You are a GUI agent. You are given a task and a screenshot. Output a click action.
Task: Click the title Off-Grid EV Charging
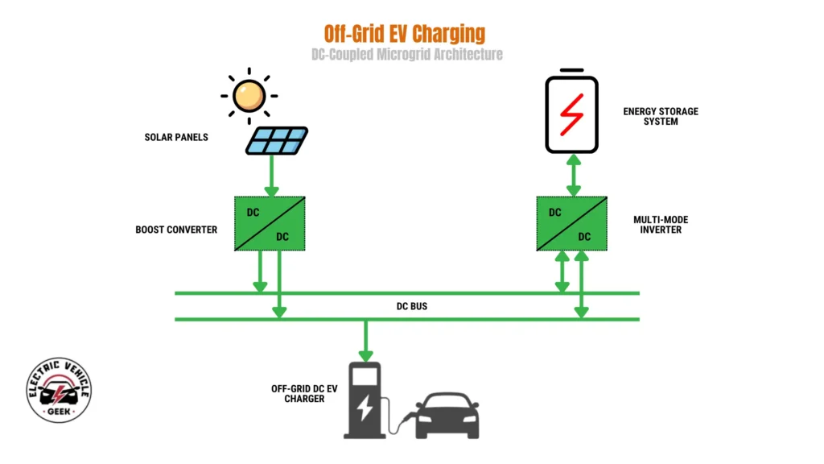click(405, 33)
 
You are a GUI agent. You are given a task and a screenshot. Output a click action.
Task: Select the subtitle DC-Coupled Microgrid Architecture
click(407, 55)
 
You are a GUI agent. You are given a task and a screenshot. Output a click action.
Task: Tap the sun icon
click(248, 96)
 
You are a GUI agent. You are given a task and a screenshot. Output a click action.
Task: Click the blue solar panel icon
click(276, 140)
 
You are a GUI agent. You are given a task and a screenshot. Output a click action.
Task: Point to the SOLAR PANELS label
click(176, 137)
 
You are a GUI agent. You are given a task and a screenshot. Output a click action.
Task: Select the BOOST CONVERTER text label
click(176, 230)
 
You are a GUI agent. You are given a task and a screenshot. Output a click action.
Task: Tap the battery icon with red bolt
click(571, 113)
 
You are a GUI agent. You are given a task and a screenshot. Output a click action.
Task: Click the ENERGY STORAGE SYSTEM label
click(661, 117)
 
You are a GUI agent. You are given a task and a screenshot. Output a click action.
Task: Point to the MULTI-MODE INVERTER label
click(661, 224)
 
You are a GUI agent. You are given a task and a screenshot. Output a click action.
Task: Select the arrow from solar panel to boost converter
click(271, 176)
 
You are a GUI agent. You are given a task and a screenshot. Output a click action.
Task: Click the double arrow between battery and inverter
click(572, 175)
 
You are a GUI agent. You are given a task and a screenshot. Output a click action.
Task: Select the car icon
click(447, 415)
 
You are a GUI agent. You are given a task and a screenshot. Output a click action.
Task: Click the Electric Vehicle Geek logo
click(59, 391)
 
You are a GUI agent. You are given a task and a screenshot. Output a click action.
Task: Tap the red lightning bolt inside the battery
click(571, 114)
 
